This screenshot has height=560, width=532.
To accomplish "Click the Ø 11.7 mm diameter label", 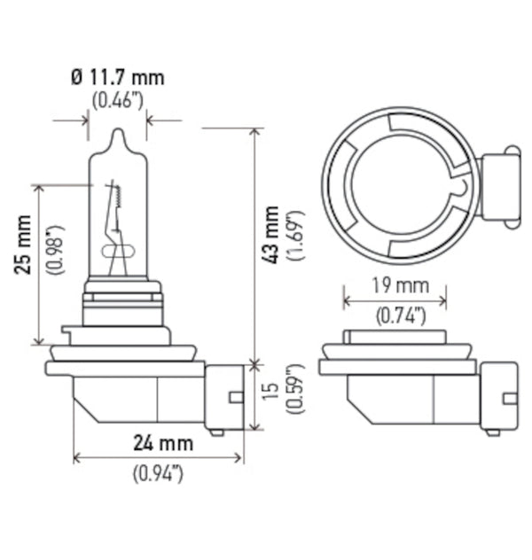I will [x=119, y=77].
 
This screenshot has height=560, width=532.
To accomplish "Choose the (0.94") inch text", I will [x=158, y=473].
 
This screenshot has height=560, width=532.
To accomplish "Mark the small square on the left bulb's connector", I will [x=236, y=396].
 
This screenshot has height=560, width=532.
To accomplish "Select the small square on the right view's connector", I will [x=510, y=398].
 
